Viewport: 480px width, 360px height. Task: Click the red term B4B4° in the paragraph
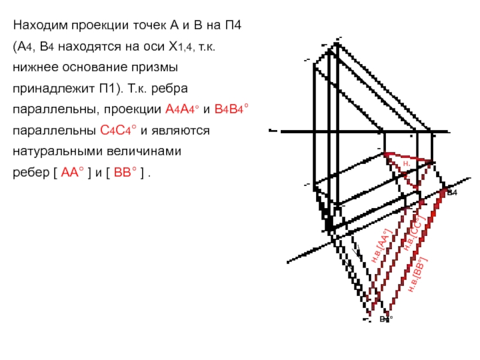(231, 110)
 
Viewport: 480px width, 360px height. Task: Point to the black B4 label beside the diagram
(452, 192)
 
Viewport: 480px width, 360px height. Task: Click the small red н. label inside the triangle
(406, 163)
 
